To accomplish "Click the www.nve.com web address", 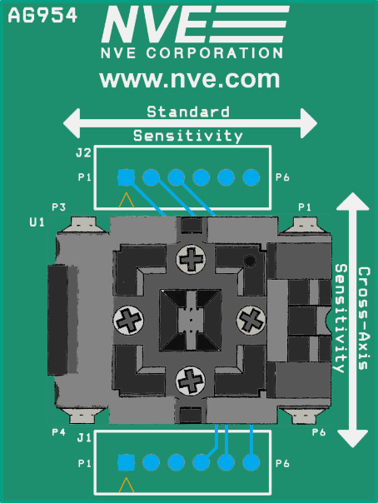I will click(189, 80).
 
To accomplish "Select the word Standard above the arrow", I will click(188, 111).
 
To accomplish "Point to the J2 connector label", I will click(83, 153).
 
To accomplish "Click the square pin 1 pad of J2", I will click(126, 177).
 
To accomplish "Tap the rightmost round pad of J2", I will click(251, 177).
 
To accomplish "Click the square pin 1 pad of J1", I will click(126, 462).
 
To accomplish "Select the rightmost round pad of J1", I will click(251, 462).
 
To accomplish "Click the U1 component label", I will click(37, 222).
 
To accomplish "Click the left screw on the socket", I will click(128, 319).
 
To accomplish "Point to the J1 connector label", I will click(83, 437).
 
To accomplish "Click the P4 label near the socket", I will click(58, 432).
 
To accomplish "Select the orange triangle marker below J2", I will click(126, 200).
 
